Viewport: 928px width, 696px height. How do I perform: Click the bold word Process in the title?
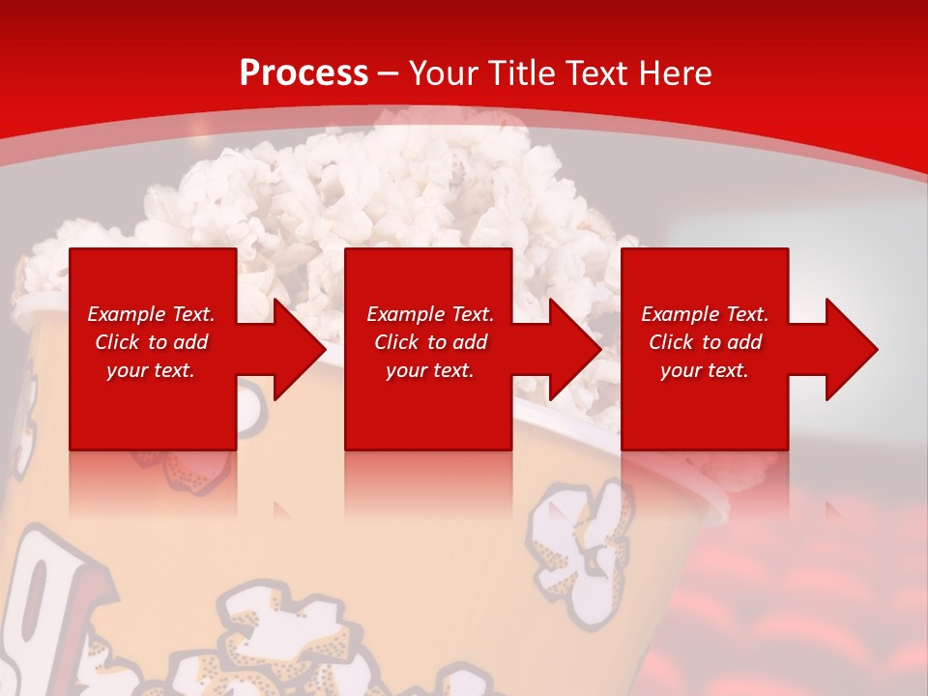304,72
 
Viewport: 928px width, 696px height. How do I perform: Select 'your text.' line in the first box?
151,370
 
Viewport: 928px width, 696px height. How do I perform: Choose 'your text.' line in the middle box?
429,370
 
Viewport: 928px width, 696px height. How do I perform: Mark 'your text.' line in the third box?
704,370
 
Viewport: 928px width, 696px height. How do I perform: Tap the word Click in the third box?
671,342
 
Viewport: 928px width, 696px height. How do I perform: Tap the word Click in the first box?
117,342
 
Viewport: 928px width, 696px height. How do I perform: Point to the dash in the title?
389,73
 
